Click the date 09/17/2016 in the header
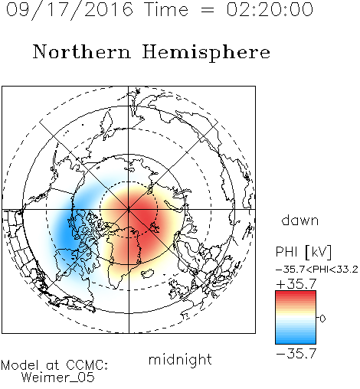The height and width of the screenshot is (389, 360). click(x=70, y=10)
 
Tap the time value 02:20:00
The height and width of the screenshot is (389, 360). click(x=270, y=9)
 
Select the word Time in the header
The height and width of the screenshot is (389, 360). click(x=166, y=9)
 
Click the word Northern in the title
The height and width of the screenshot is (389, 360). click(x=82, y=51)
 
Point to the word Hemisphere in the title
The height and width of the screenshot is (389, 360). click(x=206, y=53)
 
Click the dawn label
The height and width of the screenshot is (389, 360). click(x=300, y=220)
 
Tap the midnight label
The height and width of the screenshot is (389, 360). click(x=180, y=359)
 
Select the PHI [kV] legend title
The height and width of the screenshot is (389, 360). click(x=303, y=252)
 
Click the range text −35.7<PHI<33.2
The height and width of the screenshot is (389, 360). click(x=317, y=270)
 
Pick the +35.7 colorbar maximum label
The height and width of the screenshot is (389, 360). click(x=296, y=284)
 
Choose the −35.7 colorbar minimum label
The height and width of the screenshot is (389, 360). click(x=296, y=354)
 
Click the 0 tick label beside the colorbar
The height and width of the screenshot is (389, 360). click(x=322, y=319)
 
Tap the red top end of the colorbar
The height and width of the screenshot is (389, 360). click(x=296, y=293)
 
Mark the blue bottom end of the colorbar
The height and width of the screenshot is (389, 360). click(x=296, y=342)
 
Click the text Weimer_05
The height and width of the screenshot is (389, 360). click(x=58, y=378)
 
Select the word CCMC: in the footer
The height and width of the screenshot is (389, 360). click(x=87, y=365)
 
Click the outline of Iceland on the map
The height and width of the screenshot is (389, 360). click(x=148, y=273)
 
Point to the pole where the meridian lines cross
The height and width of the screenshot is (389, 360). click(x=129, y=209)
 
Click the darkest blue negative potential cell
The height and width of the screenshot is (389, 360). click(x=66, y=234)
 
